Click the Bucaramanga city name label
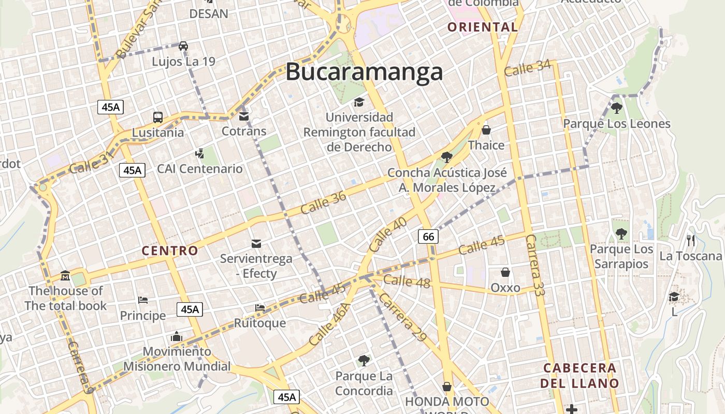coord(364,72)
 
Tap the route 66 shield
coord(428,237)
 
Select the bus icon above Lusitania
coord(158,117)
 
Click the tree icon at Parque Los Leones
coord(616,108)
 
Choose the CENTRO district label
coord(170,251)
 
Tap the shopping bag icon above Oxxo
coord(505,272)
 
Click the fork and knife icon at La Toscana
coord(690,241)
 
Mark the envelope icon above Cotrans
coord(244,116)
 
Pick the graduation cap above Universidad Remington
coord(359,102)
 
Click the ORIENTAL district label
coord(483,27)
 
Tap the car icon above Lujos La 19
coord(183,46)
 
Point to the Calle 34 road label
coord(527,68)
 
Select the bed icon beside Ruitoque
coord(260,308)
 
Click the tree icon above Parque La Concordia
coord(364,360)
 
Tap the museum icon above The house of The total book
coord(65,275)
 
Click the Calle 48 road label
coord(407,281)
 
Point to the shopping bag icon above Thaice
coord(486,129)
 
